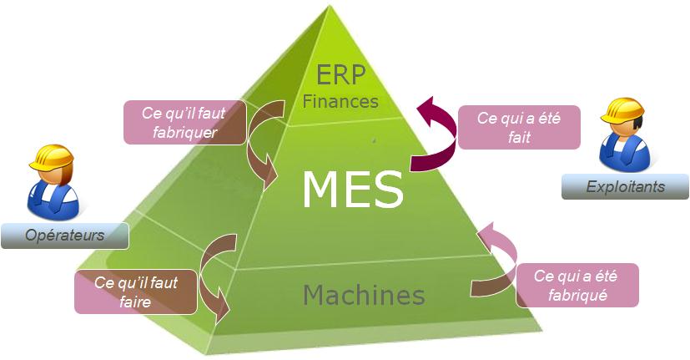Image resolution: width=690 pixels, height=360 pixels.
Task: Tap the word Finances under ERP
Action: tap(340, 102)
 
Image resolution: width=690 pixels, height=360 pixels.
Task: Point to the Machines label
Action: tap(364, 295)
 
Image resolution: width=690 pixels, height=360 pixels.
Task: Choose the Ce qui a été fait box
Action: tap(518, 129)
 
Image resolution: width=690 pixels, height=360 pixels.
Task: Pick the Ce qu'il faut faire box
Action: tap(136, 292)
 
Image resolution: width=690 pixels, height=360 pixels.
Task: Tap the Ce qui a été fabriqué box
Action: tap(577, 285)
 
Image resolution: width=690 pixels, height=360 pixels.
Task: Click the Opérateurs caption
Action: tap(64, 236)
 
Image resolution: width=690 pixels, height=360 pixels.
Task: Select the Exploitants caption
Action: tap(625, 186)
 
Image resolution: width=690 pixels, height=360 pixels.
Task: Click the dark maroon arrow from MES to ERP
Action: tap(434, 142)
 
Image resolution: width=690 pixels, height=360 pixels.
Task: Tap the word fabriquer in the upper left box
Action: tap(185, 132)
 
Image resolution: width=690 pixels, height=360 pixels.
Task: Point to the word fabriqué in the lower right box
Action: tap(577, 295)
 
